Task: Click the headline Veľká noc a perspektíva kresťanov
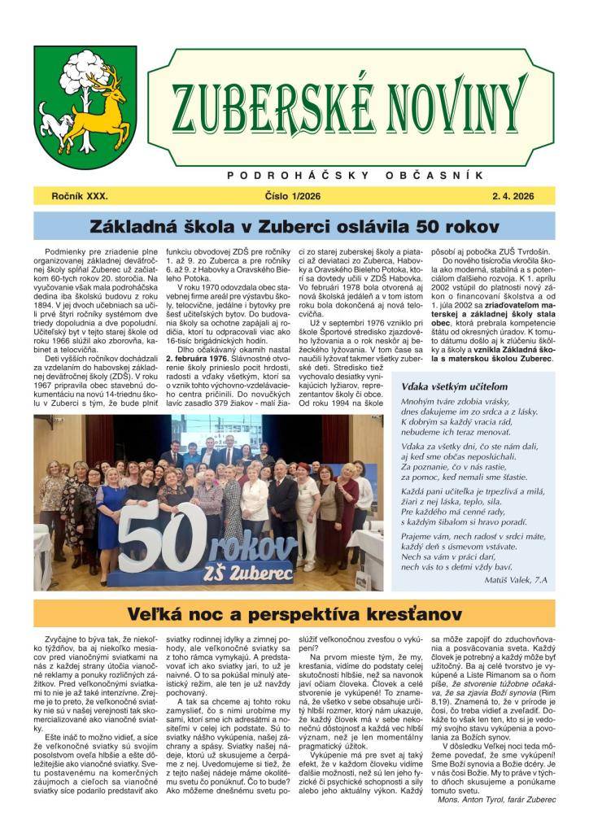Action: point(294,613)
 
